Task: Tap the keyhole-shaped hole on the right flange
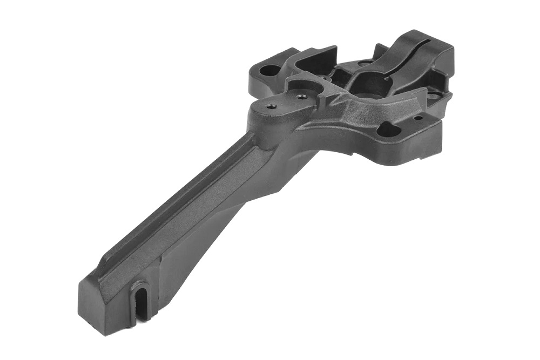coord(388,129)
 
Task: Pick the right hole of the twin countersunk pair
coord(301,97)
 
